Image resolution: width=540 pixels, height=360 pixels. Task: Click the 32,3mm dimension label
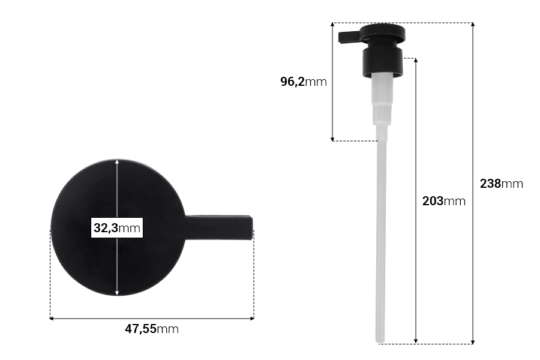coord(116,228)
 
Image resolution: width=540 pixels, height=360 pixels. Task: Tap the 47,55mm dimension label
coord(152,329)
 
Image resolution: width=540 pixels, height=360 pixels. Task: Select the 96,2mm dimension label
coord(304,82)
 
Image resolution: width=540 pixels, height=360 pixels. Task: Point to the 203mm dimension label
coord(444,201)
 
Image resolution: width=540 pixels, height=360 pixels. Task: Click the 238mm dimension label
coord(502,184)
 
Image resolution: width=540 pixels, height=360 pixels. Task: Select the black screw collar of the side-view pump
coord(382,63)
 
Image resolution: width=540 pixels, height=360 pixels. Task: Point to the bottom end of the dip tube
coord(380,340)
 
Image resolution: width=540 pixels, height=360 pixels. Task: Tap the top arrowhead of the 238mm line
coord(473,26)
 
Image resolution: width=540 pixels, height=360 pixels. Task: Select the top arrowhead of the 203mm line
coord(416,61)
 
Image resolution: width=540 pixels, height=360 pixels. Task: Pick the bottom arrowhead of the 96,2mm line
coord(333,138)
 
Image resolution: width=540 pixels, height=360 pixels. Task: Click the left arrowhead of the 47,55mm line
coord(53,318)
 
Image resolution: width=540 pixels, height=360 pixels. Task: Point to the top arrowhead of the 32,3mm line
coord(117,163)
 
